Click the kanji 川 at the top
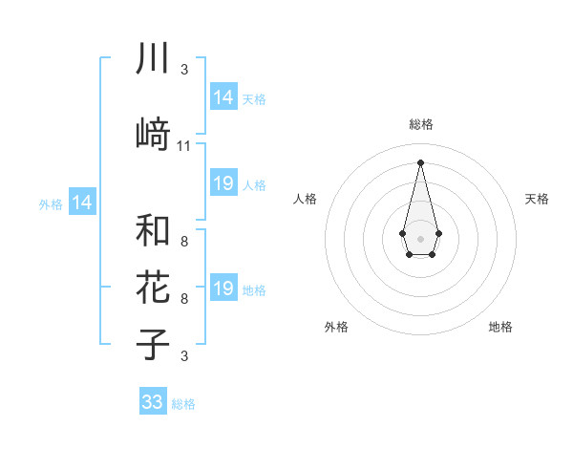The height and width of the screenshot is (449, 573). pos(153,59)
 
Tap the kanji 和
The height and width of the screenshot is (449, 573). pos(153,230)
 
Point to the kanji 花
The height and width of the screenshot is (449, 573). pos(153,287)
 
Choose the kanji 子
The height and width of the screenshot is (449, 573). pos(153,345)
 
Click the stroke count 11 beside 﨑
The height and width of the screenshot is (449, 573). pos(184,146)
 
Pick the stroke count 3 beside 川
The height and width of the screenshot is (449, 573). pos(184,70)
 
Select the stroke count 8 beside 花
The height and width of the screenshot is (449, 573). pos(184,299)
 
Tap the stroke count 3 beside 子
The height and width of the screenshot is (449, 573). pos(184,356)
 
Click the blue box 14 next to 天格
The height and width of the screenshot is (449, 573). pos(223,97)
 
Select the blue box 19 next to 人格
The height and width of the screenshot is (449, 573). pos(223,183)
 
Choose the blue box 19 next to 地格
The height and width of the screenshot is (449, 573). pos(223,289)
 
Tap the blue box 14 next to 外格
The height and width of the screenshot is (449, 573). pos(82,203)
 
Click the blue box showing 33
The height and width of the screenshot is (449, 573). pos(153,402)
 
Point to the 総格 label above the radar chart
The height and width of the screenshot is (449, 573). pos(420,124)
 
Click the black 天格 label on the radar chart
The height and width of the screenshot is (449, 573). pos(537,199)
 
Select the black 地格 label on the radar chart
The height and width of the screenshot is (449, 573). pos(500,327)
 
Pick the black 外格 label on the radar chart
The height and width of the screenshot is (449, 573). pos(336,327)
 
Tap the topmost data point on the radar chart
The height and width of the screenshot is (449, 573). pos(420,161)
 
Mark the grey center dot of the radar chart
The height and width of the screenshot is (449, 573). pos(420,237)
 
